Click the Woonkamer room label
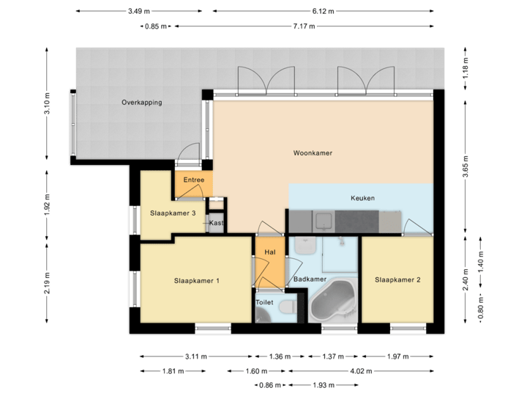click(x=313, y=154)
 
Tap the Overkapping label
click(x=142, y=103)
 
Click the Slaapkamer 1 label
click(x=197, y=280)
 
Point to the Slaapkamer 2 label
click(x=397, y=279)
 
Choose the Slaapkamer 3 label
click(x=173, y=213)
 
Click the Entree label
click(x=194, y=180)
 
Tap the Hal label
click(x=269, y=252)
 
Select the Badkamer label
click(x=310, y=279)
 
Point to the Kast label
click(x=216, y=222)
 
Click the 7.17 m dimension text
click(x=304, y=26)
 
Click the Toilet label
click(x=264, y=302)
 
